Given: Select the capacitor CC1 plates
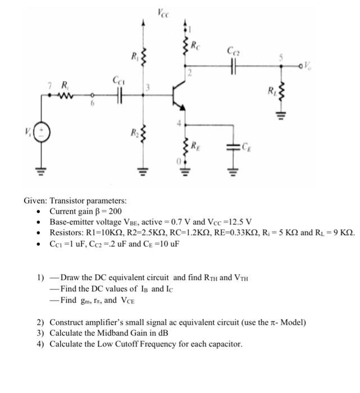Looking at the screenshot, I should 119,97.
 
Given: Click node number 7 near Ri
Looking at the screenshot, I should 49,85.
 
